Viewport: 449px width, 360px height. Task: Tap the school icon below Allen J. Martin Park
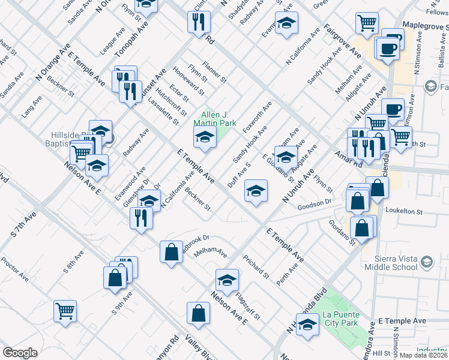click(205, 139)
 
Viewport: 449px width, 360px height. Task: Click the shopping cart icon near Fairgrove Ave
click(367, 23)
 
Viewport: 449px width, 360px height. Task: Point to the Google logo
click(20, 353)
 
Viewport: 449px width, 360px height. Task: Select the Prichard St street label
click(256, 267)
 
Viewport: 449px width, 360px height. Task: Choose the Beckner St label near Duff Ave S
click(197, 199)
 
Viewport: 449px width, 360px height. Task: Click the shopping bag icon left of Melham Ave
click(171, 251)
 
